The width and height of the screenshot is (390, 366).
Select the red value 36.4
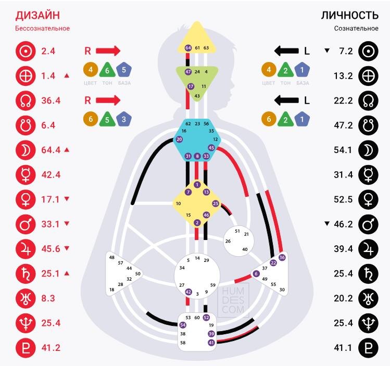(52, 100)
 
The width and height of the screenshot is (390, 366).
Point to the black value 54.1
(344, 150)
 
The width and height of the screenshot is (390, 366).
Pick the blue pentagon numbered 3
(123, 119)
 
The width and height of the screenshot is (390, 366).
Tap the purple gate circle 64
(188, 48)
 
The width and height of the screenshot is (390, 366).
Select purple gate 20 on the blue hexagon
(180, 139)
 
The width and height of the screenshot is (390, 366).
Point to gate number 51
(237, 231)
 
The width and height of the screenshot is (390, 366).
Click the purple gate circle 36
(282, 257)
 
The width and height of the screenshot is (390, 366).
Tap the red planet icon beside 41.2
(24, 347)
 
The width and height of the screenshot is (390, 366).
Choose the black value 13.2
(344, 75)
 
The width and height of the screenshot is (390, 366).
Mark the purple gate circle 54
(183, 325)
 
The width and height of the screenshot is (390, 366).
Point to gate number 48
(111, 257)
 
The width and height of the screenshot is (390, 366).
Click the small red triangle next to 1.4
(67, 76)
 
